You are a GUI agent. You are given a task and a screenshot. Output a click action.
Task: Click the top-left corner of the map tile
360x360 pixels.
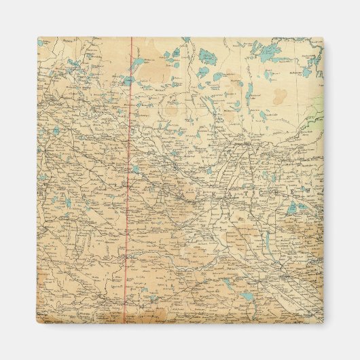[38, 38]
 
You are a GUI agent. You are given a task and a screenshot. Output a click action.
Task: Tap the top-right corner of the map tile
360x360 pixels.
[323, 38]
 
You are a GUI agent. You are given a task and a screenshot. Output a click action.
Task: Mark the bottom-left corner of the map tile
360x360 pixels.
[38, 323]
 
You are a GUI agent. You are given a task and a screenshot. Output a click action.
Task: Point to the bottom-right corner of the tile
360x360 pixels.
[323, 323]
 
